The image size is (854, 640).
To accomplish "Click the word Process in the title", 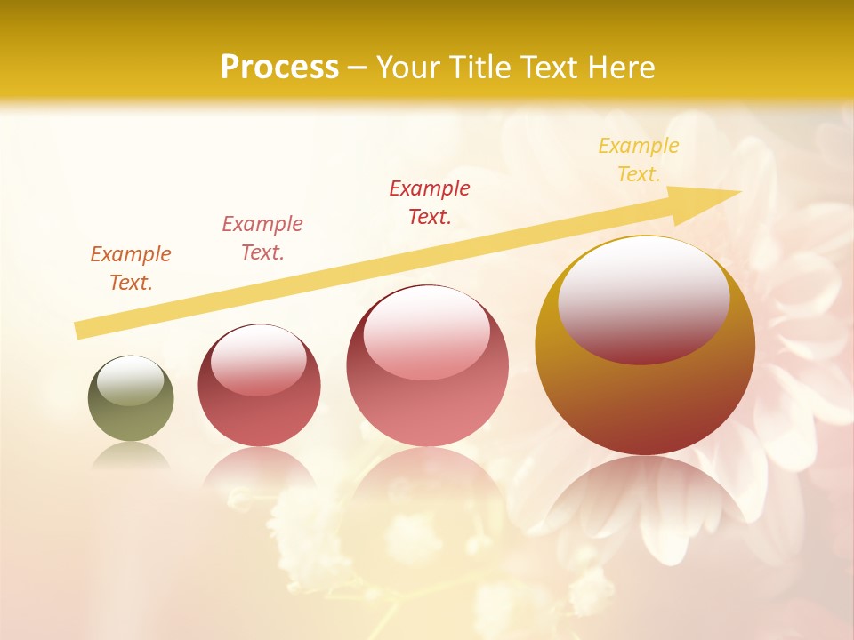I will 279,68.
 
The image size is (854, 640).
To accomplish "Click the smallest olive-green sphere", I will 131,399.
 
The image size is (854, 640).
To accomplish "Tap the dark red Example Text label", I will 430,203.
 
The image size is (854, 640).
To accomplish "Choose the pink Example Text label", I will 262,238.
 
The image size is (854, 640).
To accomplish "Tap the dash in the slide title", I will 358,68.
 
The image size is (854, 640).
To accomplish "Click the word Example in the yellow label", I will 638,146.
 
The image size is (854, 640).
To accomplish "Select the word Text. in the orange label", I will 131,284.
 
